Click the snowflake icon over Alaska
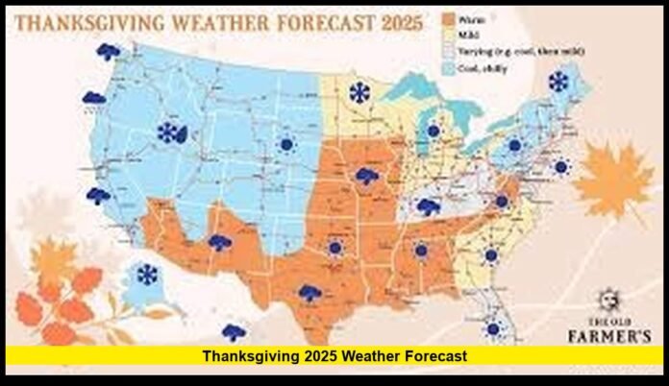(x=147, y=276)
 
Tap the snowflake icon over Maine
(x=557, y=82)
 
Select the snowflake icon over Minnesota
(x=359, y=93)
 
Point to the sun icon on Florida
(x=493, y=328)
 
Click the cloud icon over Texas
(x=310, y=294)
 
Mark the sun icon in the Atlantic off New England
(x=561, y=167)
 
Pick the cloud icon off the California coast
(x=98, y=196)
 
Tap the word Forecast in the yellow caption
(x=430, y=356)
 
